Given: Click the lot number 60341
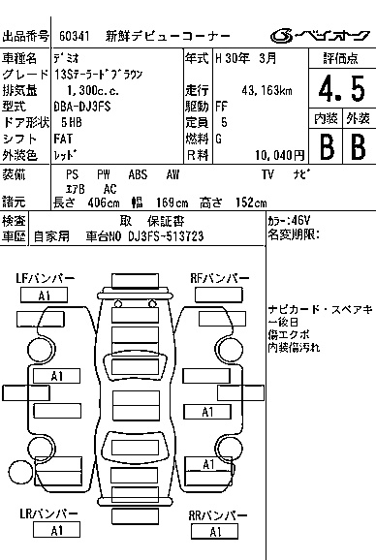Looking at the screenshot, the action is [75, 36].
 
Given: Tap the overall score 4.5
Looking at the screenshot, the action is [342, 89].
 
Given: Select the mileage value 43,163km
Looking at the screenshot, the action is [266, 90].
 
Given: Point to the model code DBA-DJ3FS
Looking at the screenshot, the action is [82, 106].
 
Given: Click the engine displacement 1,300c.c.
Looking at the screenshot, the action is [93, 90].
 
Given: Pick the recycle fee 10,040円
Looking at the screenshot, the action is [280, 155].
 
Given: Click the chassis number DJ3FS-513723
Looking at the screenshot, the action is [166, 236].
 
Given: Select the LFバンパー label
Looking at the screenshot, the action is [45, 278].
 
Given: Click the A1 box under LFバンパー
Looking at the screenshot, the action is [44, 296].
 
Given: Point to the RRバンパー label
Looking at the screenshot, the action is [217, 515].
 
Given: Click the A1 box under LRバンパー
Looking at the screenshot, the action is [56, 530].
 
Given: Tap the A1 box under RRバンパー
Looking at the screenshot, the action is [214, 532].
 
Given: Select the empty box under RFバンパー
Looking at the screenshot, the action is [219, 295].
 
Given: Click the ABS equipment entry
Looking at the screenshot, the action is [138, 174].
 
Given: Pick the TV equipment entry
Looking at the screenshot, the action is [267, 174].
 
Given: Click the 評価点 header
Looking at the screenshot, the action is [341, 58].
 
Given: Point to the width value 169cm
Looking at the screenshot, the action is [172, 202].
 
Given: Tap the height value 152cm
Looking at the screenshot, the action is [251, 202].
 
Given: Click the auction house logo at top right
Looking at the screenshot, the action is [320, 36].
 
